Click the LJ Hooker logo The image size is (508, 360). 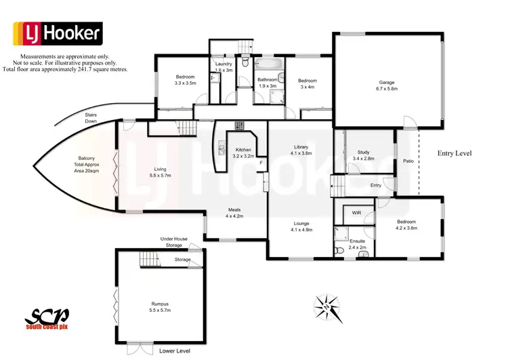pos(58,33)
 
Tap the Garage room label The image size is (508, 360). pos(387,85)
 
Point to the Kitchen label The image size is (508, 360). pos(243,153)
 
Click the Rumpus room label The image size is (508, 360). pos(160,306)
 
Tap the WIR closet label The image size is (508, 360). pos(357,214)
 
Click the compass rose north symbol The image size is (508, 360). pos(326,306)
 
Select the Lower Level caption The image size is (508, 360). pos(174,351)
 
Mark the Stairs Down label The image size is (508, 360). pos(91,118)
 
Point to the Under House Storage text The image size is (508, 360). pos(175,242)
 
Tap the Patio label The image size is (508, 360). pos(408,161)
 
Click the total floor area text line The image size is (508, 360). pos(65,69)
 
